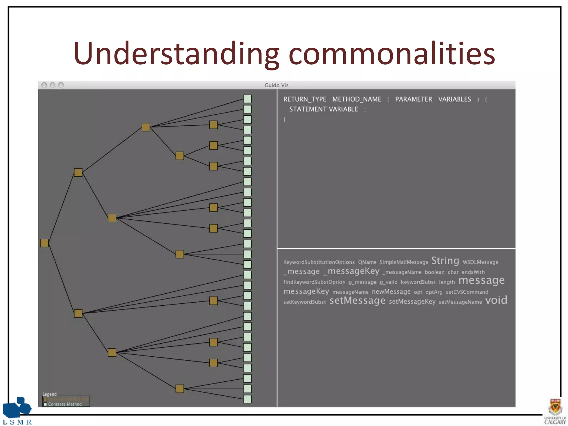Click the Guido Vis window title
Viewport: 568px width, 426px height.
[276, 85]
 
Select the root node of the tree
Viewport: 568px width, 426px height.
[44, 243]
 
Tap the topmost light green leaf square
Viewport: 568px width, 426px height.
[247, 99]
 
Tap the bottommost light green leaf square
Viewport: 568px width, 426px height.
[247, 399]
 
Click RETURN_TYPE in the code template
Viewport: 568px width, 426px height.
[305, 99]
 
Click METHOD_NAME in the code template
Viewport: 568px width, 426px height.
[357, 99]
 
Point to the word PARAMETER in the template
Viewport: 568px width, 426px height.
[413, 99]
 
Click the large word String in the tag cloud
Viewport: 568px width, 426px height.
[445, 261]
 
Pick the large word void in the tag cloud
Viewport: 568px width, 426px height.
[496, 300]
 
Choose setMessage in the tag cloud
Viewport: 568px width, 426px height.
[357, 301]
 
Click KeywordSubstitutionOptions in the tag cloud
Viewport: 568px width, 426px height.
[319, 262]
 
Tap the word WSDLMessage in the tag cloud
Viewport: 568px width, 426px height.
[480, 262]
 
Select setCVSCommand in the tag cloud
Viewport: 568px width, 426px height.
[467, 292]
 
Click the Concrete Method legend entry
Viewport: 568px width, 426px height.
[64, 404]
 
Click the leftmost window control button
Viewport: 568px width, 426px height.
[44, 85]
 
